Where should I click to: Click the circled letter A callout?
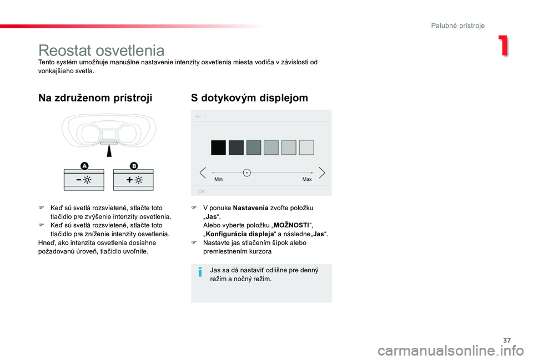(x=84, y=166)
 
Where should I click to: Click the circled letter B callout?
(x=134, y=166)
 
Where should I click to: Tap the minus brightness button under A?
(x=84, y=180)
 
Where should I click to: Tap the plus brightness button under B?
(x=133, y=180)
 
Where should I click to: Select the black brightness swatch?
(x=218, y=148)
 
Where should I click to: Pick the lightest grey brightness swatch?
(x=306, y=148)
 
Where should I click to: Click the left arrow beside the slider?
(x=203, y=173)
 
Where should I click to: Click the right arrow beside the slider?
(x=321, y=173)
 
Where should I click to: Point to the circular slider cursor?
(x=247, y=173)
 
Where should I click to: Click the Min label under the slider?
(x=218, y=179)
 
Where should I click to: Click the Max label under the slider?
(x=307, y=179)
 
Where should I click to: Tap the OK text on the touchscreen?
(x=202, y=191)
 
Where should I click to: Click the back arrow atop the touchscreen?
(x=198, y=116)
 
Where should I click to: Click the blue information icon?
(x=200, y=272)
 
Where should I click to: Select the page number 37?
(x=507, y=340)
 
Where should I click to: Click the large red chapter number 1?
(x=504, y=45)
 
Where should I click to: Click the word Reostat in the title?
(x=69, y=50)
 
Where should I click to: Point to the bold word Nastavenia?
(x=250, y=208)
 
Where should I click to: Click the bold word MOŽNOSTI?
(x=291, y=225)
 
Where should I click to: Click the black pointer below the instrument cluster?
(x=109, y=150)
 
